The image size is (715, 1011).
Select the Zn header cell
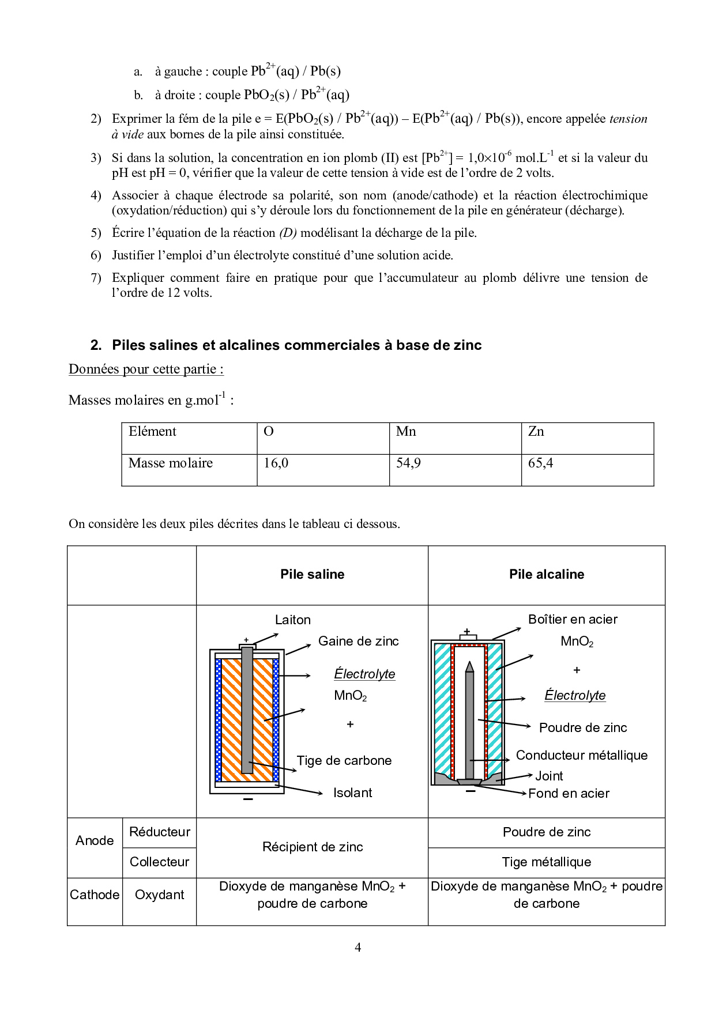tap(536, 432)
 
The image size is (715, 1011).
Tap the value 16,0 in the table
tap(276, 463)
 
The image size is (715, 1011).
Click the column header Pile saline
tap(312, 574)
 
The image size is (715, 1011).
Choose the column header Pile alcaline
tap(546, 574)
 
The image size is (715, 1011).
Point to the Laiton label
tap(292, 620)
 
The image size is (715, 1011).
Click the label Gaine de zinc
tap(358, 641)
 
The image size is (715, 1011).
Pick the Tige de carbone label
tap(344, 760)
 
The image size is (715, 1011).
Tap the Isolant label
tap(352, 793)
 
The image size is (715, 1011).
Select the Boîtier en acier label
tap(572, 619)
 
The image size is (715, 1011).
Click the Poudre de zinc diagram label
tap(582, 727)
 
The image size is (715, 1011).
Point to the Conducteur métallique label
tap(581, 755)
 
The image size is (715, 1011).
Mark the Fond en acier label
tap(569, 793)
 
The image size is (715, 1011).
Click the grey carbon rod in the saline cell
tap(247, 709)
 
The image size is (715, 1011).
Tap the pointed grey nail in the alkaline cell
tap(469, 720)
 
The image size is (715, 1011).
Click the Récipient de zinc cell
tap(312, 847)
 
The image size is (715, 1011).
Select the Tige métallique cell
tap(546, 862)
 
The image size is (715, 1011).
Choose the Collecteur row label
tap(159, 862)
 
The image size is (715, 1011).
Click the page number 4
tap(357, 947)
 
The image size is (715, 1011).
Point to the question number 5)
tap(96, 233)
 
